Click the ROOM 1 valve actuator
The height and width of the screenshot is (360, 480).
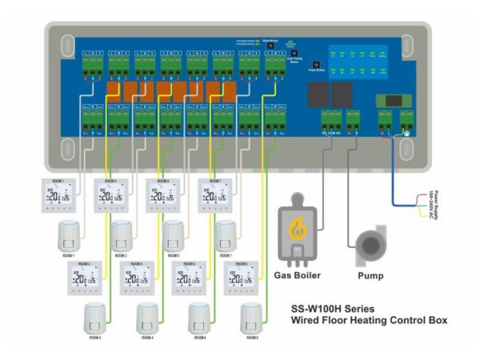point(69,236)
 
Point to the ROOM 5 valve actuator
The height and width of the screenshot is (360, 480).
point(174,236)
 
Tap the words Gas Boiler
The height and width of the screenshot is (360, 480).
point(298,275)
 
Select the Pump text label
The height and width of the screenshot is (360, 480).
point(370,275)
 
